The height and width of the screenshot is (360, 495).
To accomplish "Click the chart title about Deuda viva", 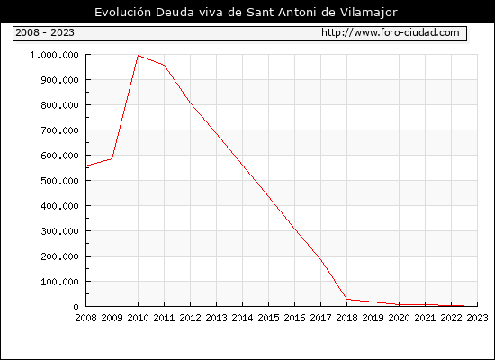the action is (x=246, y=13).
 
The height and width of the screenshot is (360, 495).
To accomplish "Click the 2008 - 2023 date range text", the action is (x=45, y=32).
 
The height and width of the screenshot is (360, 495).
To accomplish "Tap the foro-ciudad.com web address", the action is (x=391, y=32).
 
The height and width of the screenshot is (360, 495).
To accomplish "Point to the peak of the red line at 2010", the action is (x=139, y=55).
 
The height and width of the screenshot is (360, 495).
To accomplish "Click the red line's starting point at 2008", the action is (x=86, y=166).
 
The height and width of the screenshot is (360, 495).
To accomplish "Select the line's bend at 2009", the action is (x=112, y=158).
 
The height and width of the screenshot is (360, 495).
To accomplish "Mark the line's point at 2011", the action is (x=164, y=66).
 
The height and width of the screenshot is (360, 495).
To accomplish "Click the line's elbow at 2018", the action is (x=346, y=299).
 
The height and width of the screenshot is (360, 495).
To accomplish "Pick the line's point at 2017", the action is (x=320, y=259).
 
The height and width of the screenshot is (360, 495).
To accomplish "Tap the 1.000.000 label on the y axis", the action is (x=54, y=55).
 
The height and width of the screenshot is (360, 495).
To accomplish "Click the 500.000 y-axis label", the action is (x=59, y=181).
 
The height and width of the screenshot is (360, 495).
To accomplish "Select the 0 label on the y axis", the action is (x=76, y=307).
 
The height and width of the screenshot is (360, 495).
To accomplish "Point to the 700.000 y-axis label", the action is (x=59, y=130).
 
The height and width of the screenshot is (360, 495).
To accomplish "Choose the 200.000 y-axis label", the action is (x=59, y=256).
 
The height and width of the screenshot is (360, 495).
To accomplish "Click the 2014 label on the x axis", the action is (x=242, y=318).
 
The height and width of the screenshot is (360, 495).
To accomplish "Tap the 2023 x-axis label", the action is (x=477, y=318).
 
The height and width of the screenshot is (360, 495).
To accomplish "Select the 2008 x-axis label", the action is (x=85, y=318).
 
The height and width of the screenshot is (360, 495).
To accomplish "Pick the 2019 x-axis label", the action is (x=373, y=318).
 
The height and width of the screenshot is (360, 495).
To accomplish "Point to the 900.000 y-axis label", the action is (x=59, y=80).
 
